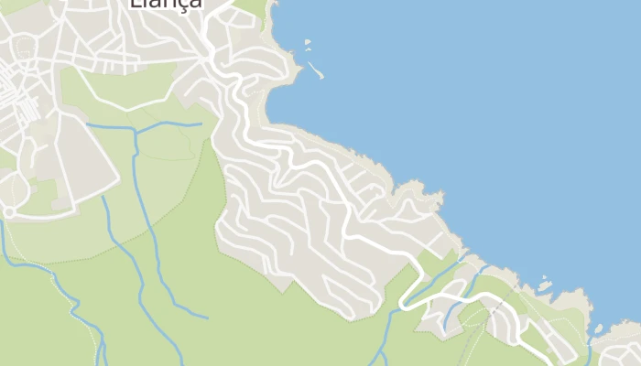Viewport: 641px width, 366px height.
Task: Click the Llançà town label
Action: click(x=166, y=3)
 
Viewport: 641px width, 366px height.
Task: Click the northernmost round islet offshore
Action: click(x=308, y=41)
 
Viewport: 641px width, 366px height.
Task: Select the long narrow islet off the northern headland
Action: click(x=315, y=69)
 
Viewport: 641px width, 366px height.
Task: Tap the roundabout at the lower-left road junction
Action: click(x=9, y=211)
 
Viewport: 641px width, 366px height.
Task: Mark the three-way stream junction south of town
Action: click(x=135, y=129)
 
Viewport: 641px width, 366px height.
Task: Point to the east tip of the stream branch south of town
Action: click(x=201, y=124)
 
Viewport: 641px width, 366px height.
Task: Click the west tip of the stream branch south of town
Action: click(x=87, y=124)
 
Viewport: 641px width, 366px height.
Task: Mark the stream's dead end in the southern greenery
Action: click(x=207, y=317)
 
